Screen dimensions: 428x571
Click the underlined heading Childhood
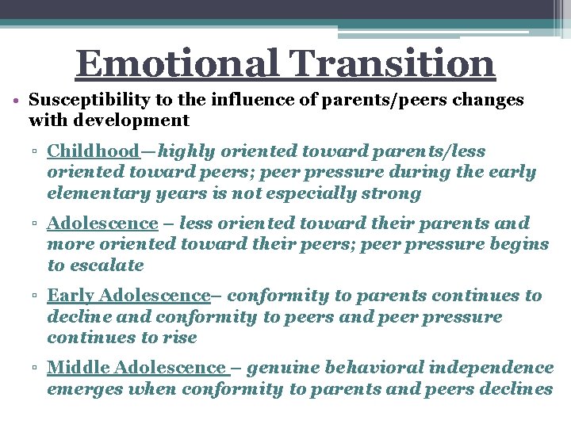click(x=93, y=151)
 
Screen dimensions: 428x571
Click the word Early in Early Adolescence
click(x=70, y=296)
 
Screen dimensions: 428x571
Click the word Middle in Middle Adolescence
click(x=78, y=368)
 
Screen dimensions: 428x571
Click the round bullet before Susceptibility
click(x=17, y=101)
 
